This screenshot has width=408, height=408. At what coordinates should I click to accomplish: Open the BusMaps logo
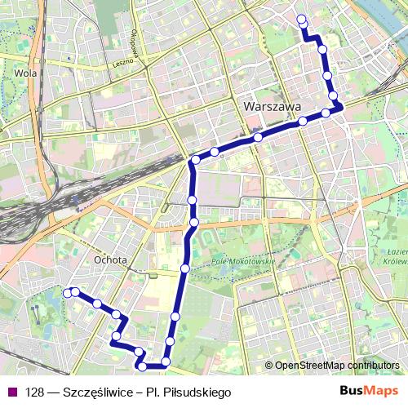(x=369, y=392)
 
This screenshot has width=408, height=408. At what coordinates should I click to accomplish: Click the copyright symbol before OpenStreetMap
(x=269, y=366)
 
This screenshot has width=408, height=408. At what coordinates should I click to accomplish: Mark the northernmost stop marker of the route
(x=302, y=19)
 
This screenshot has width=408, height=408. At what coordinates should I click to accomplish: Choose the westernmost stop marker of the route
(x=67, y=292)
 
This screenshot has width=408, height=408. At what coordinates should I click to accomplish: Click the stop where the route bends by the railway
(x=196, y=159)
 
